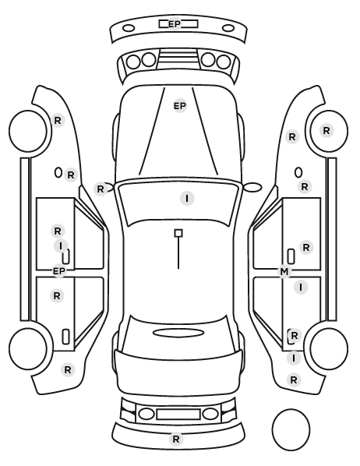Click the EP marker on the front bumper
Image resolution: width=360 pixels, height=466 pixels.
tap(175, 24)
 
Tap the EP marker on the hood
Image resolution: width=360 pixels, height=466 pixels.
tap(180, 106)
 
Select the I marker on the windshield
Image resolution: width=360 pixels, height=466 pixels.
tap(187, 198)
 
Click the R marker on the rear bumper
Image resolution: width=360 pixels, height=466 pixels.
tap(175, 439)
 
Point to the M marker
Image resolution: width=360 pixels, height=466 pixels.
tap(284, 272)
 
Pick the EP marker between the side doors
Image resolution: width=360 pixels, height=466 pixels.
tap(59, 271)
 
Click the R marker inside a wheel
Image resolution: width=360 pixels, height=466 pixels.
tap(326, 130)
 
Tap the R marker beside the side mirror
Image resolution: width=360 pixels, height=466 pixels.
tap(101, 189)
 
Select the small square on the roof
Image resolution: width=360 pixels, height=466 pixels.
tap(178, 233)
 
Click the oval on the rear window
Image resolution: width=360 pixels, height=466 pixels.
tap(178, 333)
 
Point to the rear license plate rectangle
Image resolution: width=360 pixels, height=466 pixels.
tap(178, 415)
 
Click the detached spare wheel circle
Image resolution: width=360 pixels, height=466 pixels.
tap(291, 429)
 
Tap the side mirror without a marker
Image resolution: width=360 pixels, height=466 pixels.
tap(252, 187)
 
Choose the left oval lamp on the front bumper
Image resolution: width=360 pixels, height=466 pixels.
tap(129, 29)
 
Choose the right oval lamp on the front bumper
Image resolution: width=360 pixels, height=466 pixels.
tap(228, 29)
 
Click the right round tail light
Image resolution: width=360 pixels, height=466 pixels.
tap(210, 414)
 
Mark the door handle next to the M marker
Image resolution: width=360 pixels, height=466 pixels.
tap(291, 256)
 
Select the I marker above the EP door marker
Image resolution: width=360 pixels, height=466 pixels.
tap(61, 246)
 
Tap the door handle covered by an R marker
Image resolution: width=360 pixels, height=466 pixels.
tap(290, 337)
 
